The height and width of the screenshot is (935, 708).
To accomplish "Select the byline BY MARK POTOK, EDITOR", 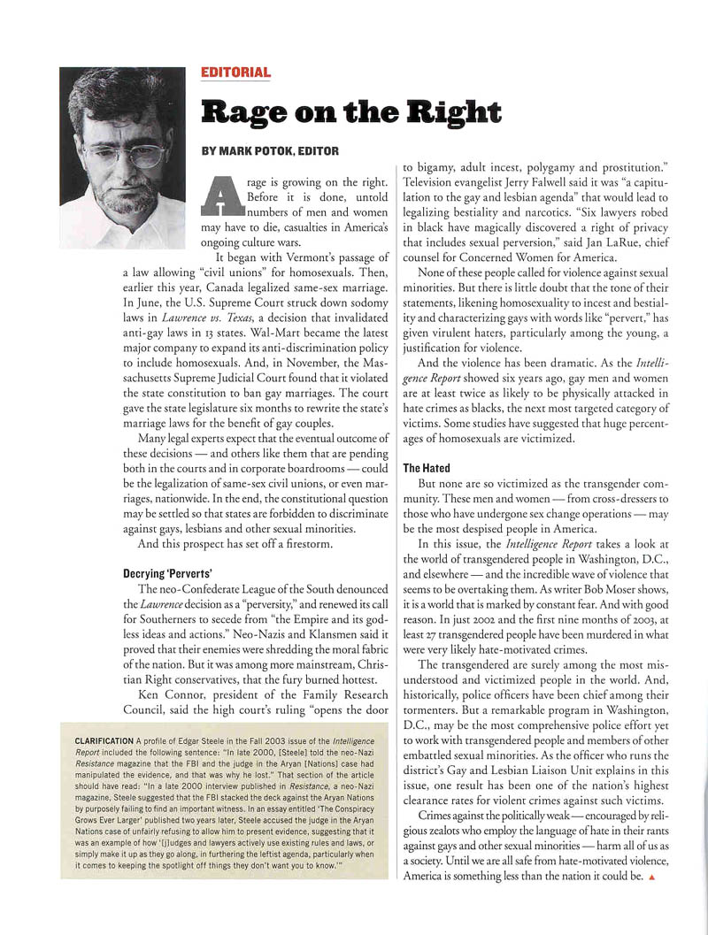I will tap(271, 150).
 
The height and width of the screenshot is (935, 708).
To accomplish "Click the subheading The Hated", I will tap(427, 467).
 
